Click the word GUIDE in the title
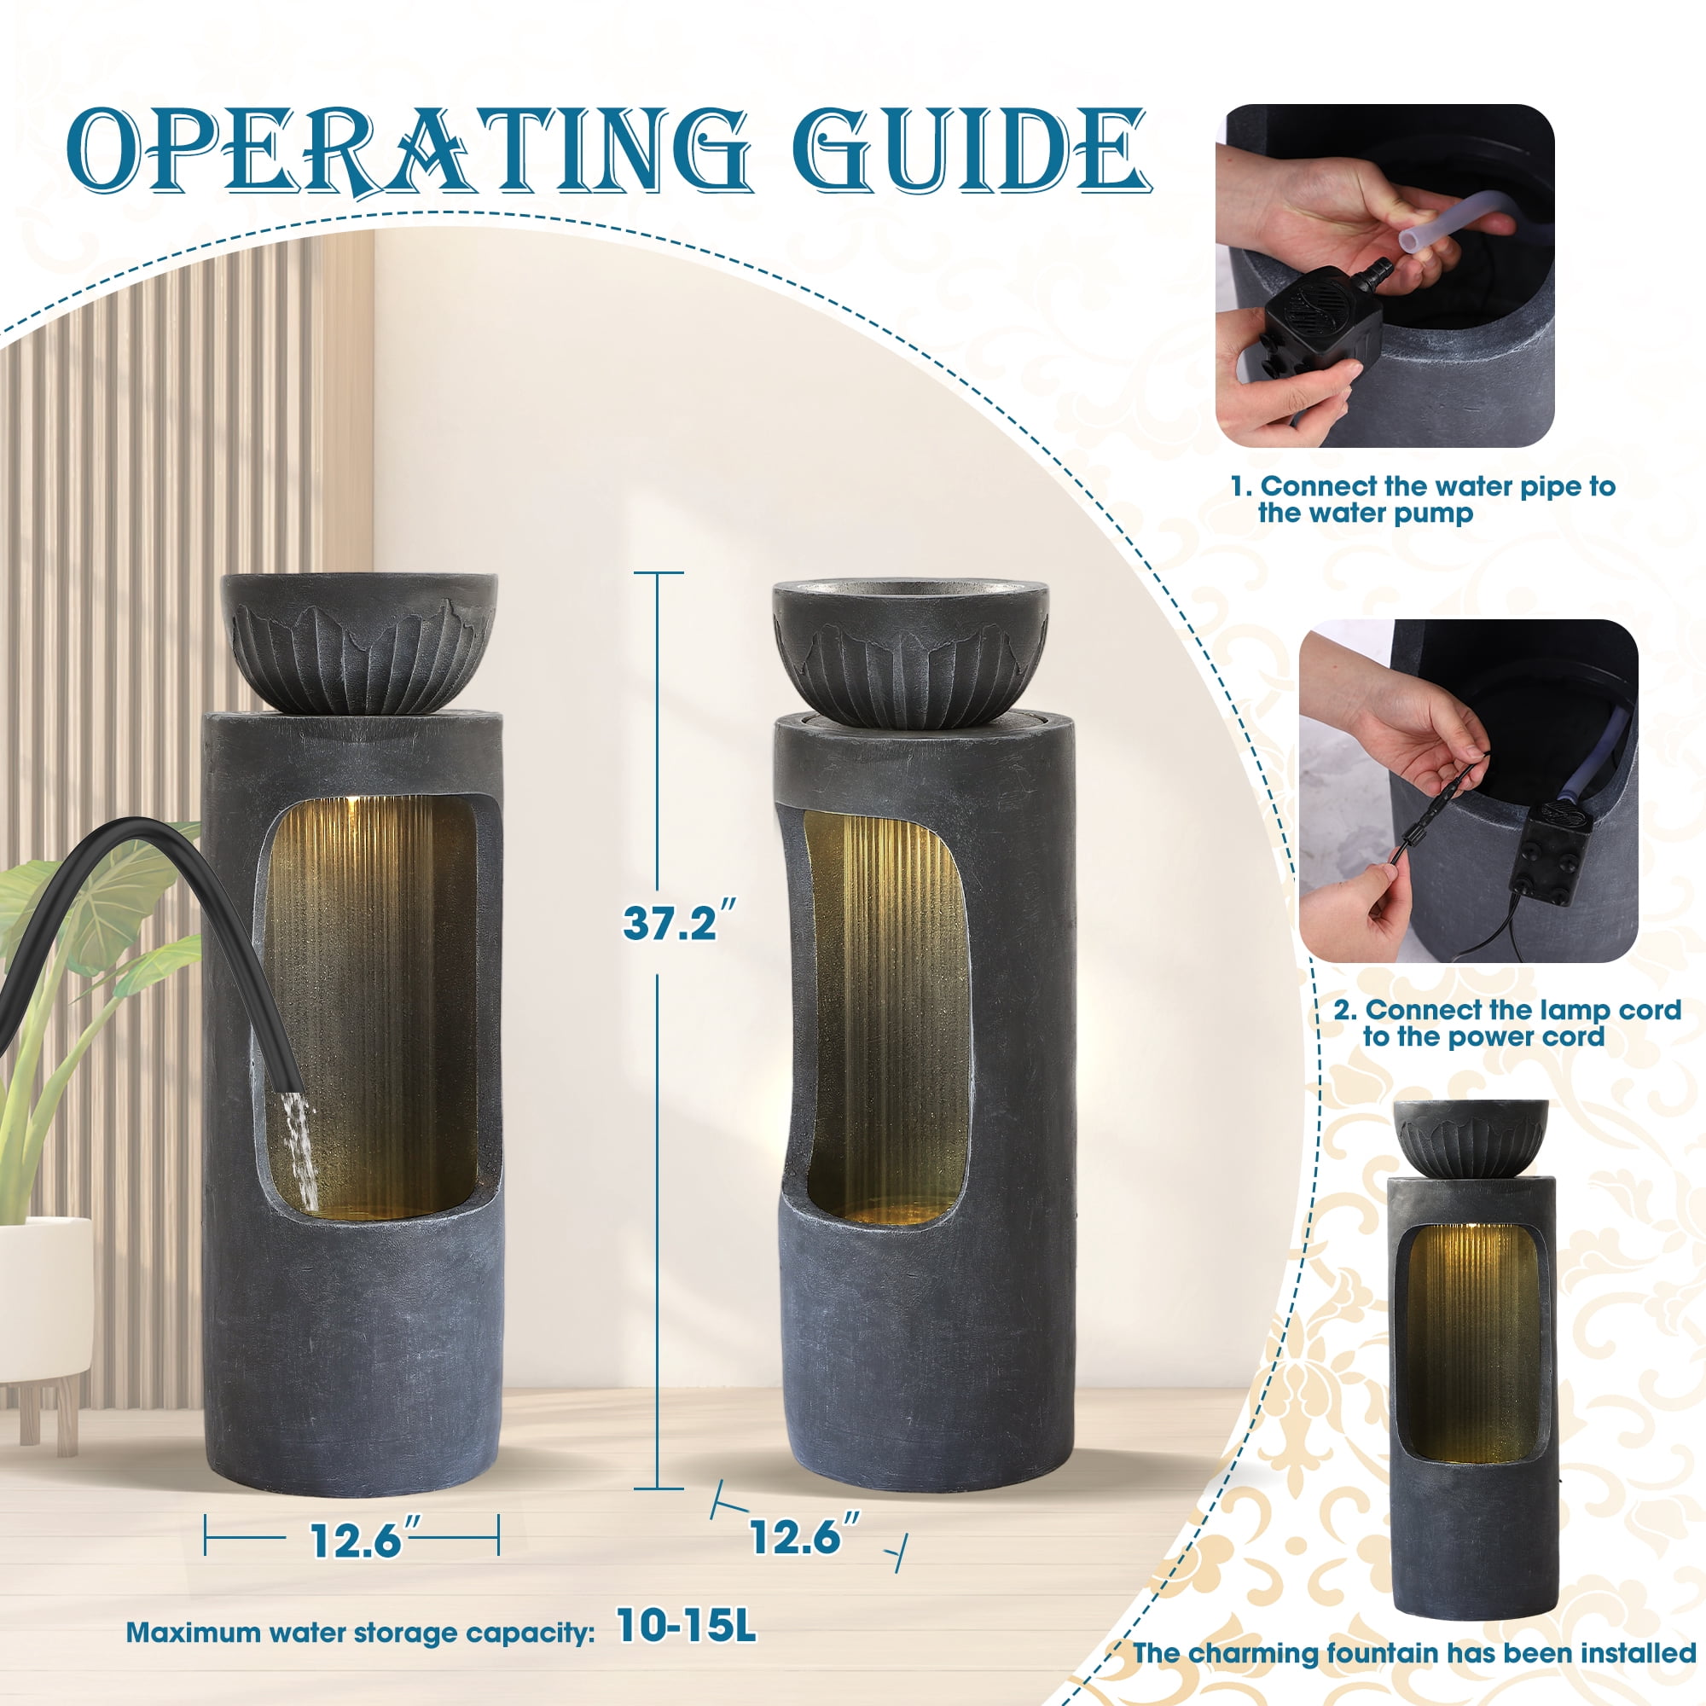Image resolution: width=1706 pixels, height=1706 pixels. click(971, 150)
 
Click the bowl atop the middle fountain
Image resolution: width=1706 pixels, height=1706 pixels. click(910, 653)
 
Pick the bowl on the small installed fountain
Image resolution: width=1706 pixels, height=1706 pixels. click(1472, 1138)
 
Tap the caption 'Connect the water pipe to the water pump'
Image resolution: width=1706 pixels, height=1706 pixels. click(1423, 500)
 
